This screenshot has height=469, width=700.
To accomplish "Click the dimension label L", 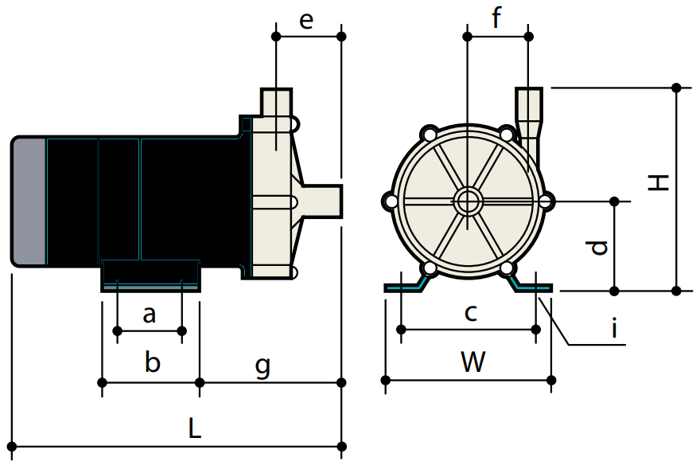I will click(194, 428).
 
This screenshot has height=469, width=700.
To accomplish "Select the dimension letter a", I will click(150, 315).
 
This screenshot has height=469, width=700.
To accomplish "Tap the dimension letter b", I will click(153, 364).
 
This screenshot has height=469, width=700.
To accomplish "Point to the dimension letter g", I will click(262, 365).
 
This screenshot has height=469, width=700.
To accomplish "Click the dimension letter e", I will click(306, 21).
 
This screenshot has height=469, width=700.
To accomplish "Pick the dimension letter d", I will click(601, 247).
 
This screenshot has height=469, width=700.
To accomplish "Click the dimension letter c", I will click(470, 313).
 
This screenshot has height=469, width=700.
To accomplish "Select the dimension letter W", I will click(472, 363).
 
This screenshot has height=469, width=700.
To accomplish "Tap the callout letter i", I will click(614, 327).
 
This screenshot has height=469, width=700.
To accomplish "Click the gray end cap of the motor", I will click(29, 201).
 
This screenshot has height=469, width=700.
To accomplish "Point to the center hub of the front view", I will click(468, 201).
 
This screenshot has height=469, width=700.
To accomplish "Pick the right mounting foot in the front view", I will click(530, 286).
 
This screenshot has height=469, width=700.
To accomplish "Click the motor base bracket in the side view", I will click(150, 276).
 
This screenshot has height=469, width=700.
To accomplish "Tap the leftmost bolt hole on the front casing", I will click(391, 201).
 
